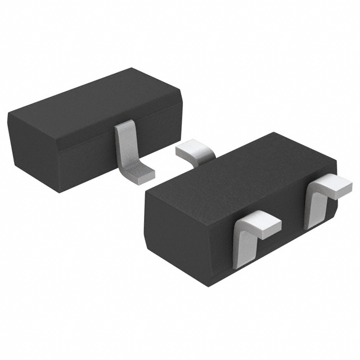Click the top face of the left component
pyautogui.click(x=96, y=98)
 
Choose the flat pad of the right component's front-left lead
pyautogui.click(x=261, y=223)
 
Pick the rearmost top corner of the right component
pyautogui.click(x=274, y=133)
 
